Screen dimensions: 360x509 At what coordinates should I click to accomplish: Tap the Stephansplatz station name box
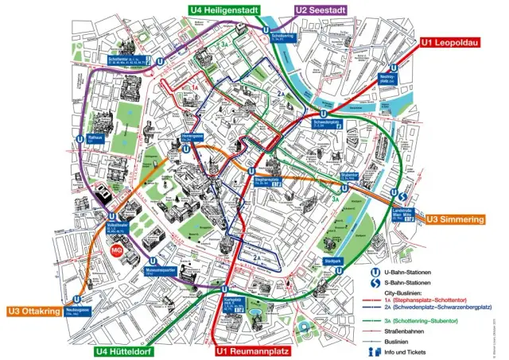pyautogui.click(x=266, y=180)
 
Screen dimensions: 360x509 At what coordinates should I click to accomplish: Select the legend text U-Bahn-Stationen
pyautogui.click(x=408, y=272)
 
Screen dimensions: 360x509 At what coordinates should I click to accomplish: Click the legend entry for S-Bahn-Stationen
pyautogui.click(x=408, y=283)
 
